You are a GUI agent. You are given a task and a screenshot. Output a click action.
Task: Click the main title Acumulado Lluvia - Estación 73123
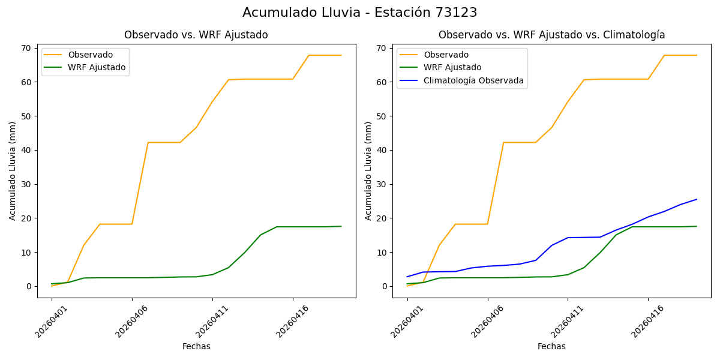coord(360,13)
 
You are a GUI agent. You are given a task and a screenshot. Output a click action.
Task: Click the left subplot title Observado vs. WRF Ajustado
coord(196,35)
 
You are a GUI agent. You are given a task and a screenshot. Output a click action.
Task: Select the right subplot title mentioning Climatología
coord(551,35)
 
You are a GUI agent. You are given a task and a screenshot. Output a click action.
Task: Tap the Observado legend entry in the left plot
coord(90,55)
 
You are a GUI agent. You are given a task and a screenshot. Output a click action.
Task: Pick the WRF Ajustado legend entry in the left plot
coord(97,68)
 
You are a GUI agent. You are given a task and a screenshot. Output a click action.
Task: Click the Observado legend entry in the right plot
coord(446,55)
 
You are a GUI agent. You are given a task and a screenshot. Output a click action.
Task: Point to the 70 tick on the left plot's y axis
coord(28,48)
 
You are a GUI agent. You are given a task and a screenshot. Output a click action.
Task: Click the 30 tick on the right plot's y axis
coord(383,184)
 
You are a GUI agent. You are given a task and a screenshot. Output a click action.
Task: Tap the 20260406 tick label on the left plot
coord(132,322)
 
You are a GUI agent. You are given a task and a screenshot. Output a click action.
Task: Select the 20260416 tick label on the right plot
coord(648,322)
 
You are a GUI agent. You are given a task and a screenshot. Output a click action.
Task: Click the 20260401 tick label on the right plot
coord(407,322)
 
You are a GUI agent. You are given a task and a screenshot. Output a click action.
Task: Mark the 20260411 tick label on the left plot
coord(212,322)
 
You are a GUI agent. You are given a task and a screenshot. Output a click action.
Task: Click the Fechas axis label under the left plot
coord(196,346)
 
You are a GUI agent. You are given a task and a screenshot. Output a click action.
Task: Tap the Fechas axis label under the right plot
coord(551,346)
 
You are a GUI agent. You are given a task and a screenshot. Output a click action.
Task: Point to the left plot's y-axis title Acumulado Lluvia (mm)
coord(13,170)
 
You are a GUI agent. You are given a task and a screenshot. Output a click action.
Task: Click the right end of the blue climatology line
coord(697,199)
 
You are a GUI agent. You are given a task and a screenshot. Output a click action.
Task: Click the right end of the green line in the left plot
coord(341,226)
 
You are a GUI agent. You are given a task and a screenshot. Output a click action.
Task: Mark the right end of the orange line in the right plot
coord(697,55)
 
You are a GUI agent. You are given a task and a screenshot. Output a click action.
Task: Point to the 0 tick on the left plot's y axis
coord(30,286)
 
